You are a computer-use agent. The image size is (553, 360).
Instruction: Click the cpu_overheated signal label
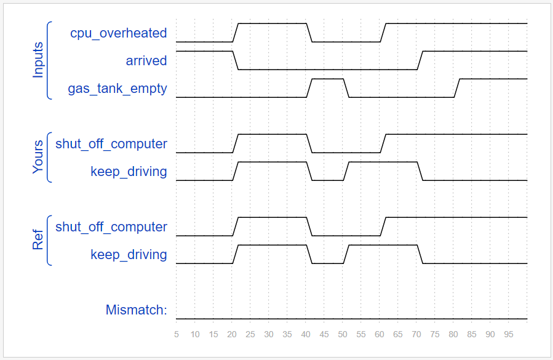pyautogui.click(x=118, y=33)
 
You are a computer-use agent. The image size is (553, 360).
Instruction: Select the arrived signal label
pyautogui.click(x=146, y=60)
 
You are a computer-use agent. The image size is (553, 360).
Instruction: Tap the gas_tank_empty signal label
pyautogui.click(x=117, y=88)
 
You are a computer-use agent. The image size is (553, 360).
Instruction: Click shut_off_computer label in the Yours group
pyautogui.click(x=111, y=143)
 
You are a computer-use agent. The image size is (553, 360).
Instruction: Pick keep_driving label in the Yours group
pyautogui.click(x=129, y=171)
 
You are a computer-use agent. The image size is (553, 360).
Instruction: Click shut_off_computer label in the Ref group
pyautogui.click(x=111, y=226)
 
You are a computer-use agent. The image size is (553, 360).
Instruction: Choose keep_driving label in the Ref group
pyautogui.click(x=129, y=254)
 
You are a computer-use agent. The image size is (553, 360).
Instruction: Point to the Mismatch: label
pyautogui.click(x=137, y=310)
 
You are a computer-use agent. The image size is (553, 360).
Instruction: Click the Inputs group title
pyautogui.click(x=38, y=60)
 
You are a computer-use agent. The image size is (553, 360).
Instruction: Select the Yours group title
pyautogui.click(x=38, y=157)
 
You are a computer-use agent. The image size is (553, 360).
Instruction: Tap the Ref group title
pyautogui.click(x=38, y=240)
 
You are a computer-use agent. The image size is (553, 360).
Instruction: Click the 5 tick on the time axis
pyautogui.click(x=177, y=335)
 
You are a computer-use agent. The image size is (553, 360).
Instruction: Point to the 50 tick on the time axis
pyautogui.click(x=343, y=335)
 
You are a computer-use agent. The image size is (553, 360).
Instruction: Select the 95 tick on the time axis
pyautogui.click(x=509, y=335)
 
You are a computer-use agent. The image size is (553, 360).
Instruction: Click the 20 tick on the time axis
pyautogui.click(x=232, y=335)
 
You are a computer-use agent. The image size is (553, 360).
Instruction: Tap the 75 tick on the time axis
pyautogui.click(x=435, y=335)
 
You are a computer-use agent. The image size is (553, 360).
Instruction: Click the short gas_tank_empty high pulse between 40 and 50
pyautogui.click(x=328, y=79)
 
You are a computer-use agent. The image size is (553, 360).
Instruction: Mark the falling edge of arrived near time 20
pyautogui.click(x=236, y=60)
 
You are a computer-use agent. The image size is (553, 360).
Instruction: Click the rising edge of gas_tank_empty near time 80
pyautogui.click(x=457, y=88)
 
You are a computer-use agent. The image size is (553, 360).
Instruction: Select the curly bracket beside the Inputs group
pyautogui.click(x=48, y=60)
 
